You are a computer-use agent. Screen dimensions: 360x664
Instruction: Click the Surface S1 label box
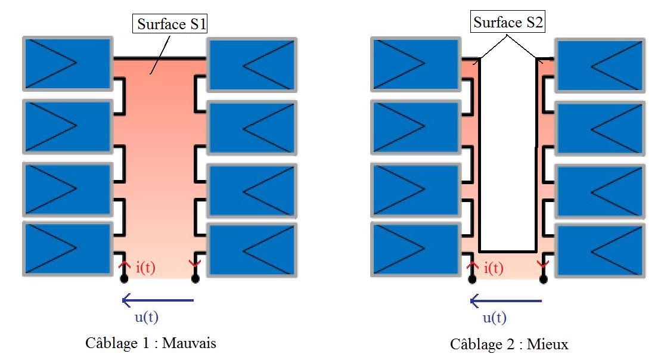pyautogui.click(x=171, y=24)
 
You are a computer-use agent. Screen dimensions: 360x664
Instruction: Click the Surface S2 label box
pyautogui.click(x=508, y=23)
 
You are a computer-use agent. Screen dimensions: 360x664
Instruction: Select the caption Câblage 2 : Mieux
pyautogui.click(x=509, y=344)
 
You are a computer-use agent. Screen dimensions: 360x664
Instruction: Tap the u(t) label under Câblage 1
pyautogui.click(x=146, y=317)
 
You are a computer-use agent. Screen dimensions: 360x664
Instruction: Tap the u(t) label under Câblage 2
pyautogui.click(x=494, y=318)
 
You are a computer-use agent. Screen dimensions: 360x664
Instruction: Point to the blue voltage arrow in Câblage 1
pyautogui.click(x=158, y=300)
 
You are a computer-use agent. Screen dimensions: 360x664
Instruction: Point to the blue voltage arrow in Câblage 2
pyautogui.click(x=506, y=300)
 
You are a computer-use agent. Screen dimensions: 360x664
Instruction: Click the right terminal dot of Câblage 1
pyautogui.click(x=195, y=278)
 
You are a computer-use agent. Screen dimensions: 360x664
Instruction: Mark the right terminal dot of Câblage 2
pyautogui.click(x=543, y=278)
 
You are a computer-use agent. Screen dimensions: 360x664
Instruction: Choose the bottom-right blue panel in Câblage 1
pyautogui.click(x=252, y=250)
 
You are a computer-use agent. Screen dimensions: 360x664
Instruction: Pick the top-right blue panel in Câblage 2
pyautogui.click(x=600, y=64)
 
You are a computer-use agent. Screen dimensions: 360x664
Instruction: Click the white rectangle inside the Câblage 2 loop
pyautogui.click(x=508, y=155)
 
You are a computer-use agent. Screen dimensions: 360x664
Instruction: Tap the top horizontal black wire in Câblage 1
pyautogui.click(x=160, y=58)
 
